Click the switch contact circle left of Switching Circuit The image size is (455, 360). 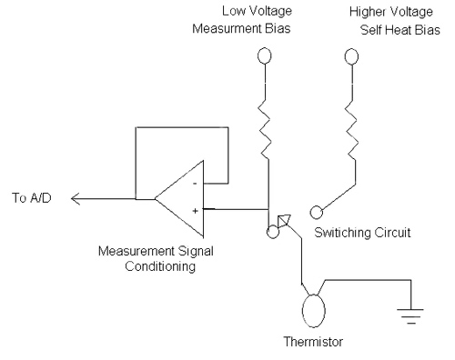[x=318, y=212]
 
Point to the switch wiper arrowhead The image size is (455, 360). [x=285, y=218]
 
